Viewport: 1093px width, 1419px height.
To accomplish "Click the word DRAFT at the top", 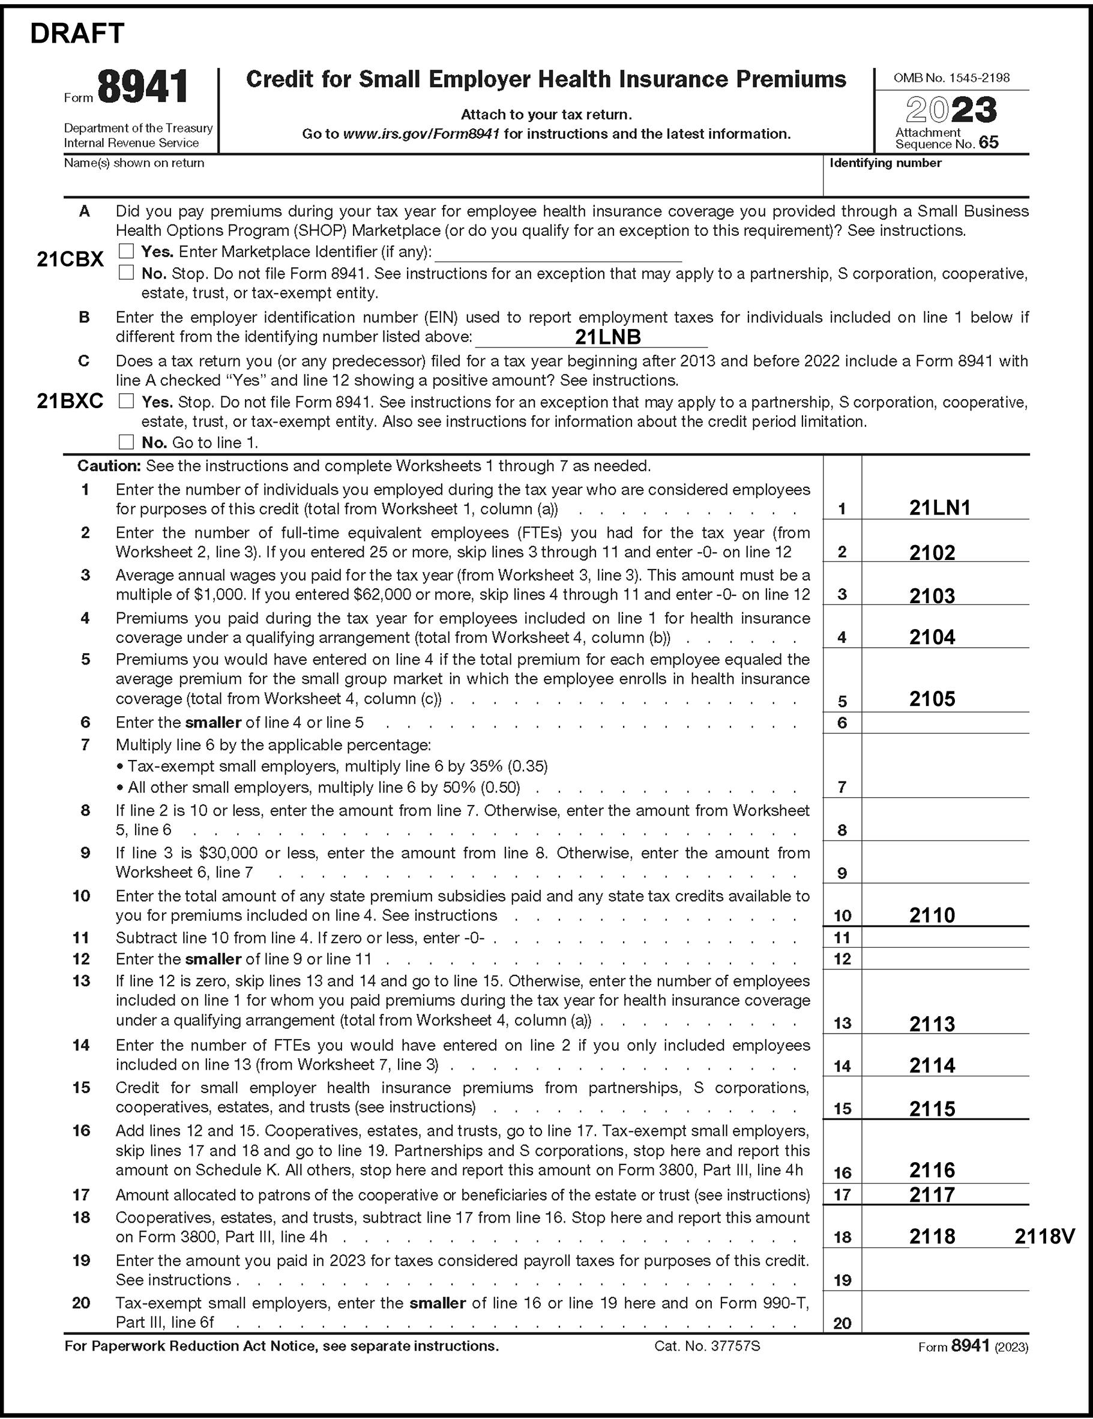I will (77, 34).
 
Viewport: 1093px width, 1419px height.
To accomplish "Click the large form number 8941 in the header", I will (143, 87).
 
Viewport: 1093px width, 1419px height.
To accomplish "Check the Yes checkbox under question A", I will (126, 251).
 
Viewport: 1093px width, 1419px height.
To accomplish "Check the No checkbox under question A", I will (126, 273).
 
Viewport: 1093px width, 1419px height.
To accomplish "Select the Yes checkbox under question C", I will (126, 402).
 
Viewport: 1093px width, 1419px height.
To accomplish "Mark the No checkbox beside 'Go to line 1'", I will (126, 442).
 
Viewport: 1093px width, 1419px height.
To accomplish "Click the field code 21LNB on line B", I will (607, 337).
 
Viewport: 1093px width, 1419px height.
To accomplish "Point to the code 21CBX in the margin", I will (70, 259).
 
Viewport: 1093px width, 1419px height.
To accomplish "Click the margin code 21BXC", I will (70, 402).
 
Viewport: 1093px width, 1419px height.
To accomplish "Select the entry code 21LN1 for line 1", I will (939, 507).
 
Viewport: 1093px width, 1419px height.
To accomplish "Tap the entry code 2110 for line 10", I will (932, 915).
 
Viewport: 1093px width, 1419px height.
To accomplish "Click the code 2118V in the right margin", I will (1045, 1236).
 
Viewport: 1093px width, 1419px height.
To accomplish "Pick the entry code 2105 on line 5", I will (932, 699).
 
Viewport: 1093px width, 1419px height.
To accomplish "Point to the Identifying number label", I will (885, 163).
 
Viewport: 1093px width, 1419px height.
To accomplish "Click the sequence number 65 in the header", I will (989, 143).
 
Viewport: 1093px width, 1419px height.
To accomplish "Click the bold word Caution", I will (109, 466).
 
